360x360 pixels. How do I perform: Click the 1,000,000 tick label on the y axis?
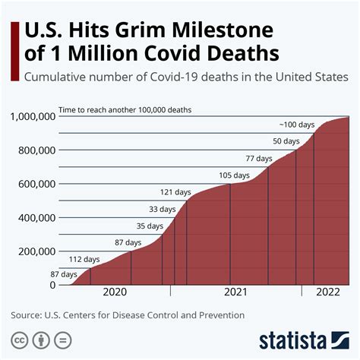click(x=33, y=116)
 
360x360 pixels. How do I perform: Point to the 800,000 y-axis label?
click(x=36, y=150)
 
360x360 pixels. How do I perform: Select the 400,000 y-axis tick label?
click(x=36, y=217)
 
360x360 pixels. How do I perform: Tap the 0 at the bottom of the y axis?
click(x=53, y=285)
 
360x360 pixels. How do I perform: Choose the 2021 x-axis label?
click(x=236, y=292)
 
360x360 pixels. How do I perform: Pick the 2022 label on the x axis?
click(x=327, y=292)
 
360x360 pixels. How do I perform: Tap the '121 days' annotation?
click(x=175, y=191)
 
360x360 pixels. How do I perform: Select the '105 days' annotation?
click(x=235, y=175)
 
